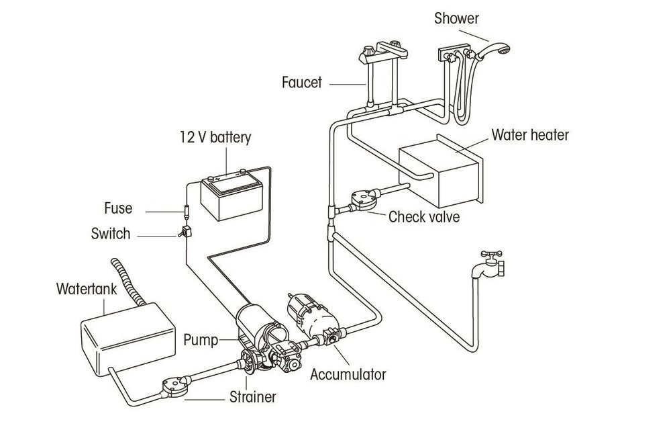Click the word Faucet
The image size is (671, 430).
pyautogui.click(x=302, y=83)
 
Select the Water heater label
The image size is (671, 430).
pyautogui.click(x=529, y=135)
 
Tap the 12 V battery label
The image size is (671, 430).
pyautogui.click(x=215, y=138)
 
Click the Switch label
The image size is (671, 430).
pyautogui.click(x=111, y=234)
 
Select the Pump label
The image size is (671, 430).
pyautogui.click(x=201, y=340)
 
